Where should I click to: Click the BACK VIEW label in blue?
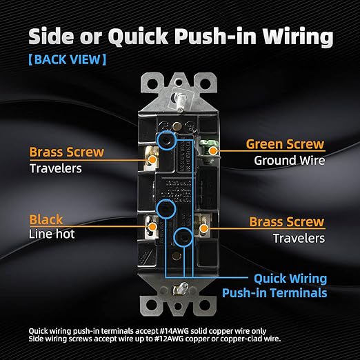pyautogui.click(x=68, y=59)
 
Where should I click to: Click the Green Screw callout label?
pyautogui.click(x=285, y=144)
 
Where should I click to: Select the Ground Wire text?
pyautogui.click(x=290, y=160)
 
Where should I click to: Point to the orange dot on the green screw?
pyautogui.click(x=213, y=151)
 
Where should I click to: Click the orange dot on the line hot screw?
pyautogui.click(x=152, y=227)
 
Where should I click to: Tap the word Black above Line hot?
pyautogui.click(x=46, y=219)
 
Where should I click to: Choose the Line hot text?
pyautogui.click(x=52, y=234)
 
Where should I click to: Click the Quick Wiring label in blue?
pyautogui.click(x=290, y=279)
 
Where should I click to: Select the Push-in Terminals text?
pyautogui.click(x=274, y=293)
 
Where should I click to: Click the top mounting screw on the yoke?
pyautogui.click(x=179, y=101)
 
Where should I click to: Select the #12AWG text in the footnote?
pyautogui.click(x=169, y=339)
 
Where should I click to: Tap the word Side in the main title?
pyautogui.click(x=51, y=37)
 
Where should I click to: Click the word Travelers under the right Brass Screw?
pyautogui.click(x=299, y=238)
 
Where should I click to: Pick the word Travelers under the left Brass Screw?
pyautogui.click(x=56, y=168)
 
